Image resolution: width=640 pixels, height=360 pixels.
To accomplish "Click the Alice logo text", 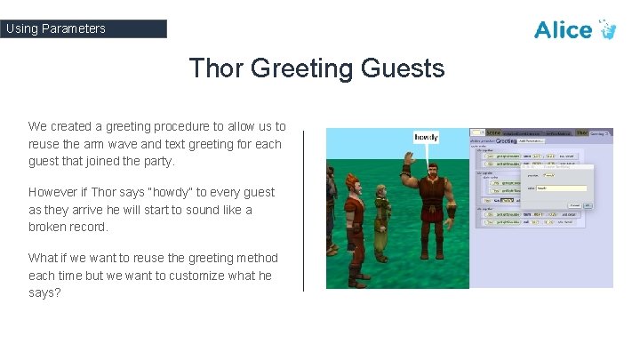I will point(563,29).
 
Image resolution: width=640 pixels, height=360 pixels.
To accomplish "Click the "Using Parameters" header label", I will point(56,28).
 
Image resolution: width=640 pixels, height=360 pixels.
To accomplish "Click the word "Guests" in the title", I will point(401,68).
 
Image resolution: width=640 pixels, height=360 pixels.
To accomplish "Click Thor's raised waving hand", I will point(409,161).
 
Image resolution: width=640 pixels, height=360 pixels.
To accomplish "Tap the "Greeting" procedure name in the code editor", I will point(506,140).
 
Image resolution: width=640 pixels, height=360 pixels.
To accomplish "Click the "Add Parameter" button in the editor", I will point(532,140).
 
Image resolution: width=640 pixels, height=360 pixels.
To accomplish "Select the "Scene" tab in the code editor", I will point(493,132).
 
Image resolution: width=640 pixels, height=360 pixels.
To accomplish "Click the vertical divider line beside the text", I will point(303,210).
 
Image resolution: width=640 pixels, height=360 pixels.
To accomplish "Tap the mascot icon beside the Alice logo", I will point(607,29).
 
